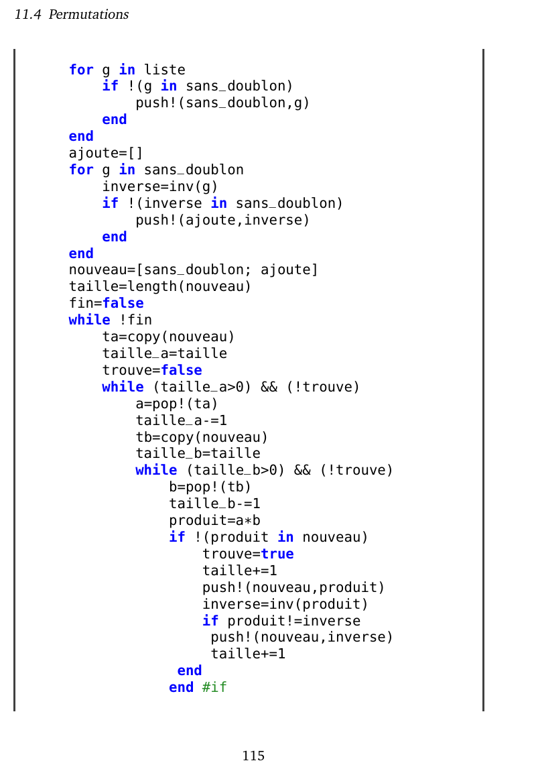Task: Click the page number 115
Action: [x=253, y=756]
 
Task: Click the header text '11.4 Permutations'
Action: [x=72, y=14]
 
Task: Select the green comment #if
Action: [x=214, y=687]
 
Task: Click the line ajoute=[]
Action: [x=106, y=153]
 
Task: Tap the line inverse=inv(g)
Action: [x=160, y=186]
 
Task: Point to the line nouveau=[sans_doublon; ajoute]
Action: [x=194, y=270]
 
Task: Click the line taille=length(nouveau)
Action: [x=160, y=286]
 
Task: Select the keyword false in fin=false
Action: [x=123, y=303]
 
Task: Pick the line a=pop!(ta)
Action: [x=177, y=404]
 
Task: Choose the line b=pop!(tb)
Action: [x=210, y=487]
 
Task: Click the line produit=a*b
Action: [x=214, y=520]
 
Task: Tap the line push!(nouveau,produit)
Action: [x=293, y=587]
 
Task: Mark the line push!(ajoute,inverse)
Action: [x=222, y=220]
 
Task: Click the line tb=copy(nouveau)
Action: [x=202, y=437]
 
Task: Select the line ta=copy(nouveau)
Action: [x=168, y=337]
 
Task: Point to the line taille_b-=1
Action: [x=214, y=503]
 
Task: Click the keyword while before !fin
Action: [x=89, y=320]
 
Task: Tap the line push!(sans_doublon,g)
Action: [x=222, y=103]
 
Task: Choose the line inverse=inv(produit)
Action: [x=285, y=604]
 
